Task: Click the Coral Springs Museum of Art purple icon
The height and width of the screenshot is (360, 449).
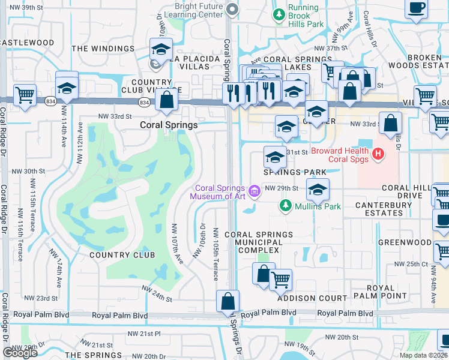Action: (x=255, y=191)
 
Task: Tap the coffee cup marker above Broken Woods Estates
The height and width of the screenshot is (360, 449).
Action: (x=417, y=9)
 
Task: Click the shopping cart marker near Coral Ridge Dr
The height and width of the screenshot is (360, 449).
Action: (x=25, y=95)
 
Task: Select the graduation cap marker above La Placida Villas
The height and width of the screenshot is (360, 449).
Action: (x=161, y=49)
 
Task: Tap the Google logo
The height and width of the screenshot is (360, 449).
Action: (x=20, y=353)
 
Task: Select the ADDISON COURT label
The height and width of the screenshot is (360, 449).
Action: (x=312, y=298)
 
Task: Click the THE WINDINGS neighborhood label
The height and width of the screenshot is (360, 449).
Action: (x=103, y=49)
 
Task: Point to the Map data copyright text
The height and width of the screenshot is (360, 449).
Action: (x=424, y=355)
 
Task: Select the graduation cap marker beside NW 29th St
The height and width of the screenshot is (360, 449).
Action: (x=317, y=191)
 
